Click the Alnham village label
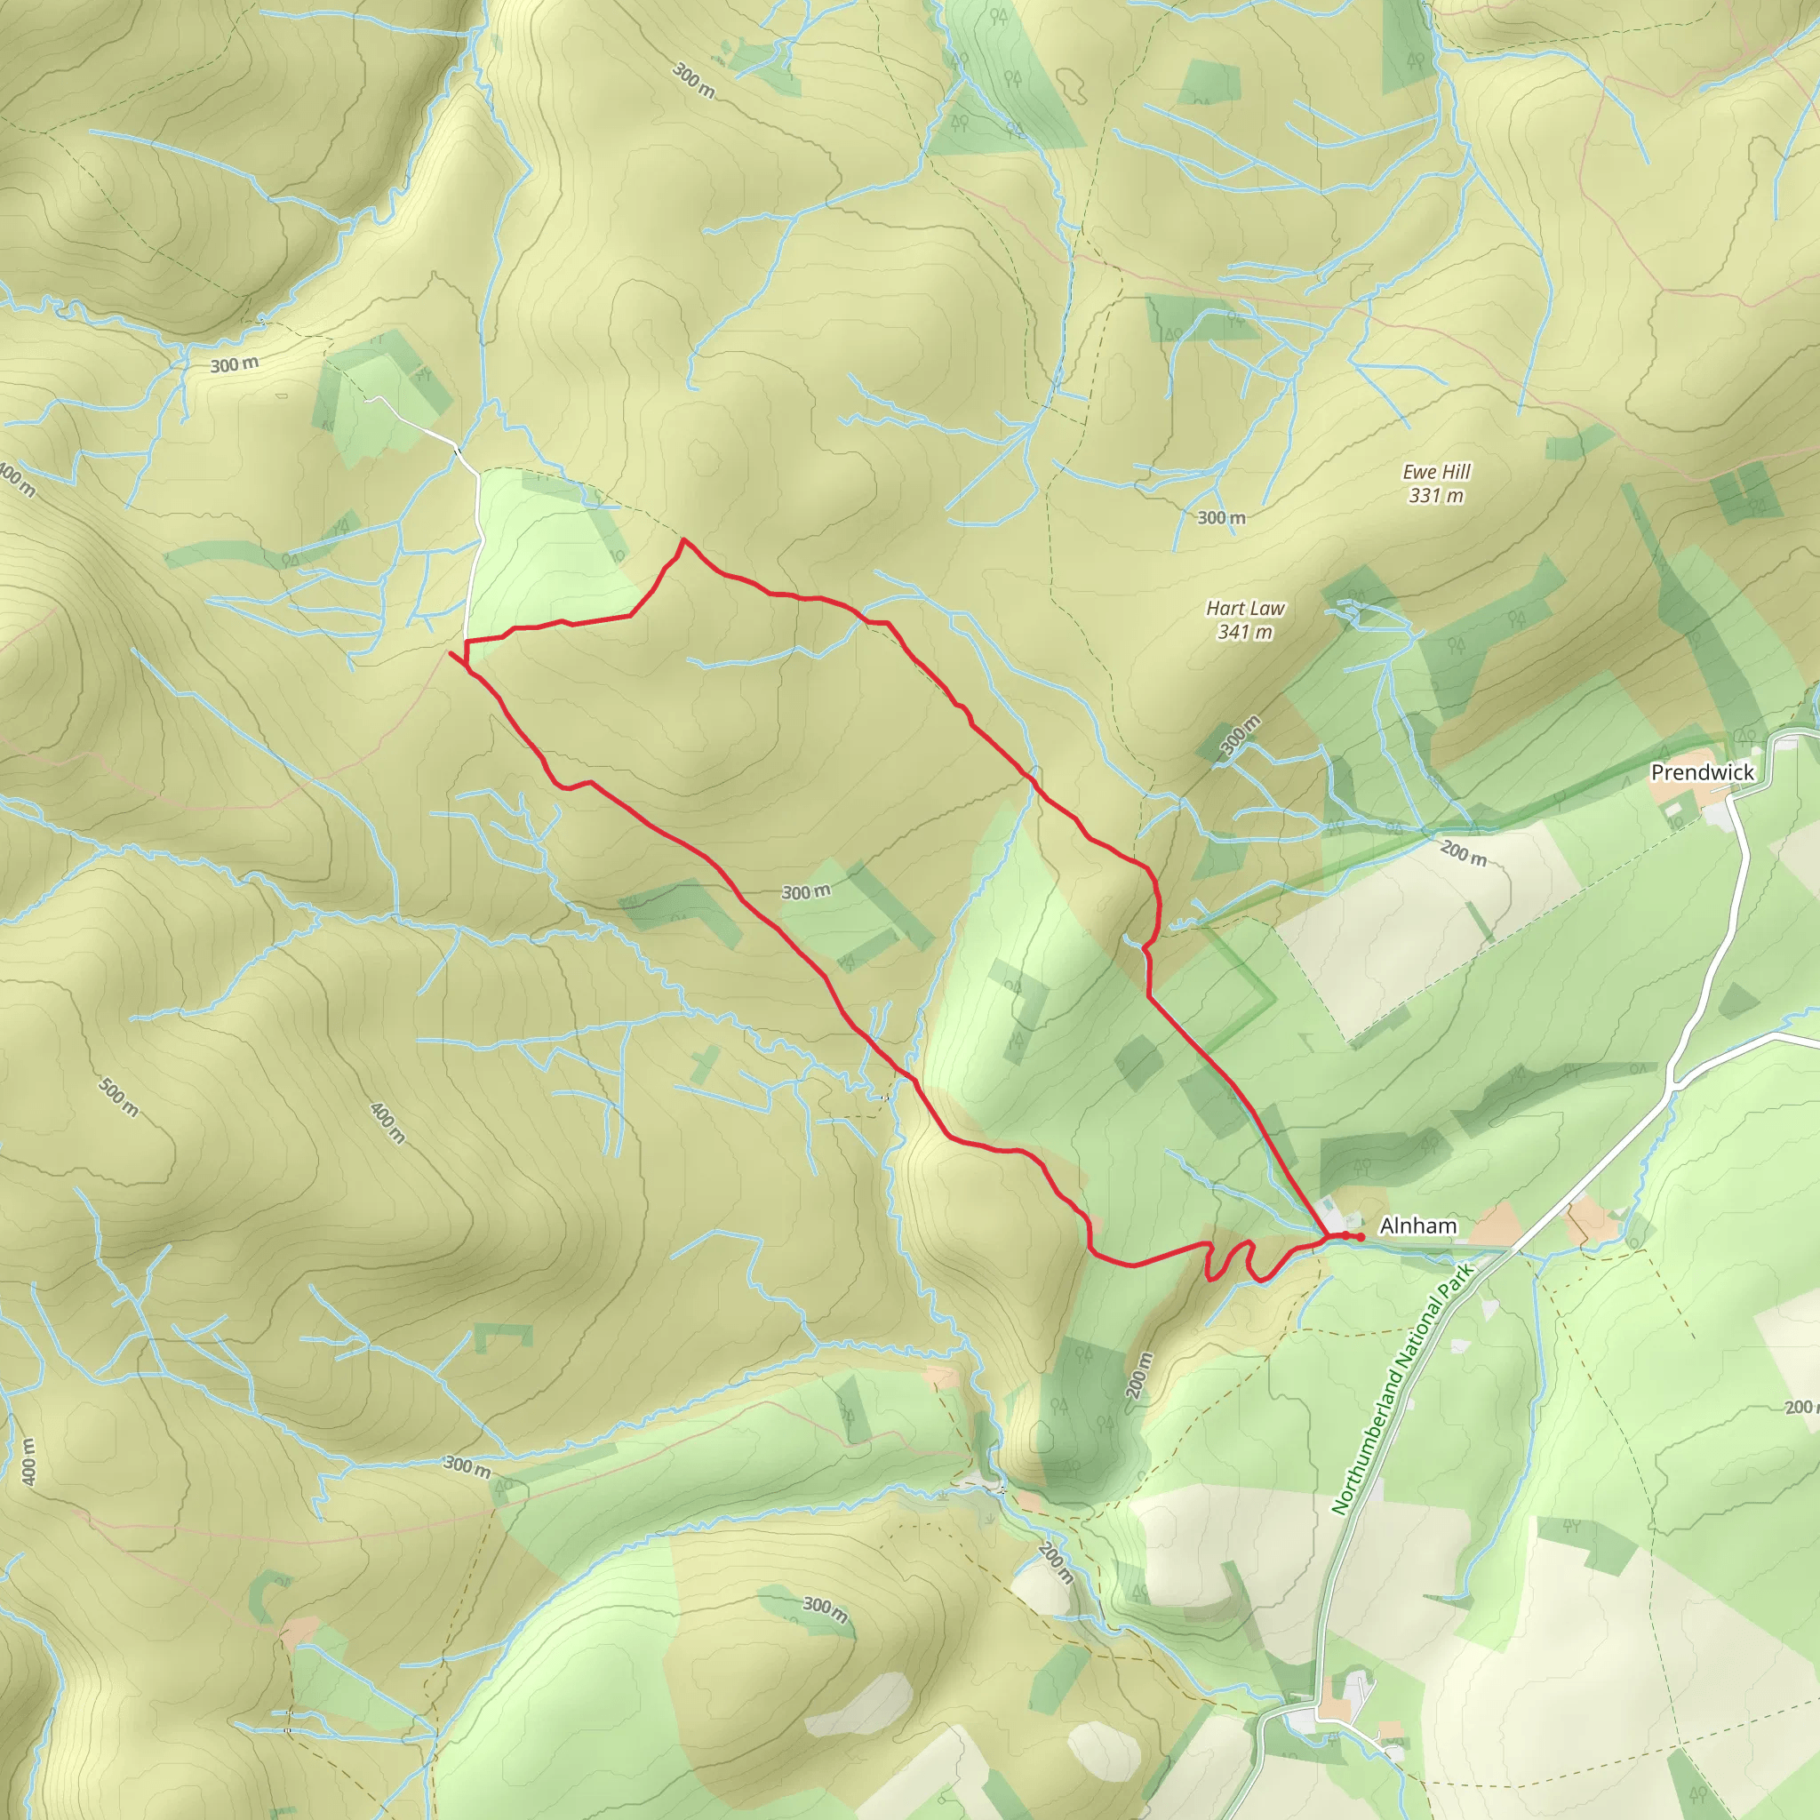tap(1417, 1225)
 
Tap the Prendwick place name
tap(1702, 772)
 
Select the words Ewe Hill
tap(1437, 472)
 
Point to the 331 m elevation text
tap(1437, 496)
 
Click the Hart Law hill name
tap(1245, 609)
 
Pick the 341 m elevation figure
tap(1245, 632)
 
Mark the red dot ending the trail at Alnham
tap(1361, 1236)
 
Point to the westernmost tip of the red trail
tap(451, 652)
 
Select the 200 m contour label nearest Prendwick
tap(1463, 853)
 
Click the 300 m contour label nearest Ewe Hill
tap(1222, 517)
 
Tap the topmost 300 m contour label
tap(694, 81)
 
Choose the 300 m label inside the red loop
tap(806, 891)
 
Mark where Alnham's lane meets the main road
tap(1510, 1250)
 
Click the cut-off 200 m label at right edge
tap(1801, 1408)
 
